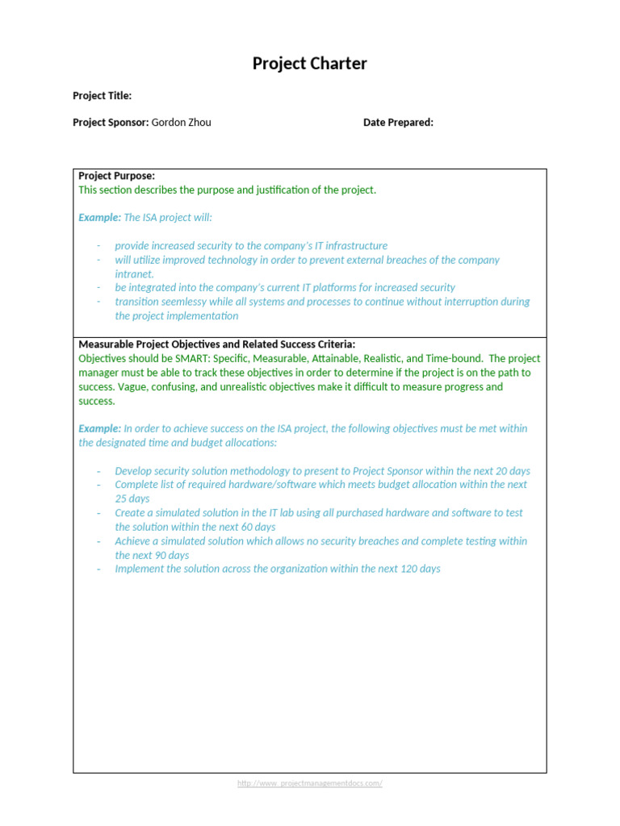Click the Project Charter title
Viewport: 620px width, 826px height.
(x=309, y=64)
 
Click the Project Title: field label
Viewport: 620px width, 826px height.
(x=102, y=96)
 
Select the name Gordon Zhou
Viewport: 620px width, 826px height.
(x=182, y=123)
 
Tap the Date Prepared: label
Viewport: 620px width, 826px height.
(x=398, y=123)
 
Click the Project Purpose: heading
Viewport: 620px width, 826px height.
(x=116, y=176)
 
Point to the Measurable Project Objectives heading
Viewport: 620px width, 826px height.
(x=216, y=344)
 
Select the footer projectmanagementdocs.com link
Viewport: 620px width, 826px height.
(x=309, y=783)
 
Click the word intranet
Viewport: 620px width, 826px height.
(x=134, y=274)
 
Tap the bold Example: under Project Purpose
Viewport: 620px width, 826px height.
(x=99, y=218)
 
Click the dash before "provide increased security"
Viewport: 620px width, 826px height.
(x=98, y=246)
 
